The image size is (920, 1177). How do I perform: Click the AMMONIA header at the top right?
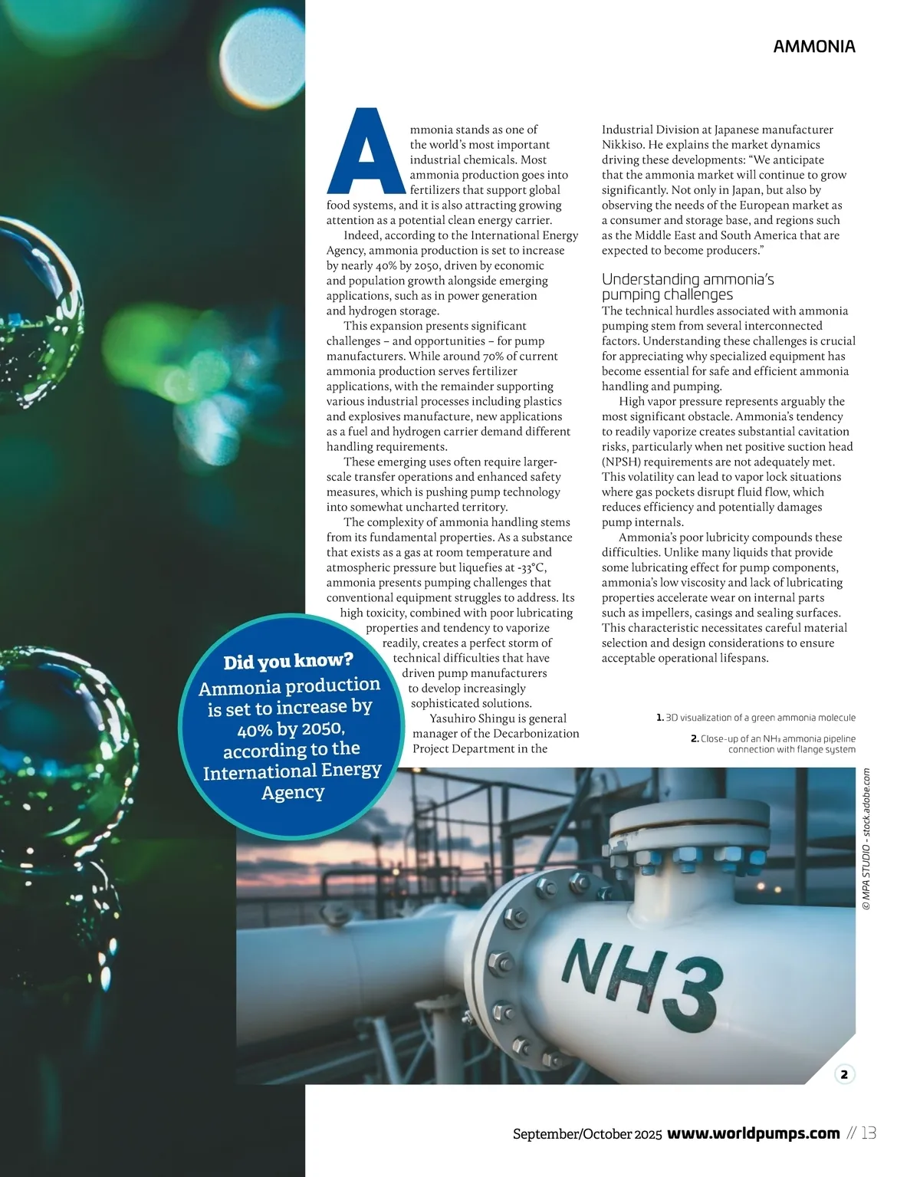coord(813,46)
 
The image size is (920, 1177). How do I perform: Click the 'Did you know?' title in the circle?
coord(287,660)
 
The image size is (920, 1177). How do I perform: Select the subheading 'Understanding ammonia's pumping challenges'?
coord(687,287)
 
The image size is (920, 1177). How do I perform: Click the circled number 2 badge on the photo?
coord(843,1074)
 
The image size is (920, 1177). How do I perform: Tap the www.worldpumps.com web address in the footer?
coord(754,1133)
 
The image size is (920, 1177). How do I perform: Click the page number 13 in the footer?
coord(869,1133)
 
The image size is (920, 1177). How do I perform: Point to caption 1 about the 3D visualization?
coord(756,718)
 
